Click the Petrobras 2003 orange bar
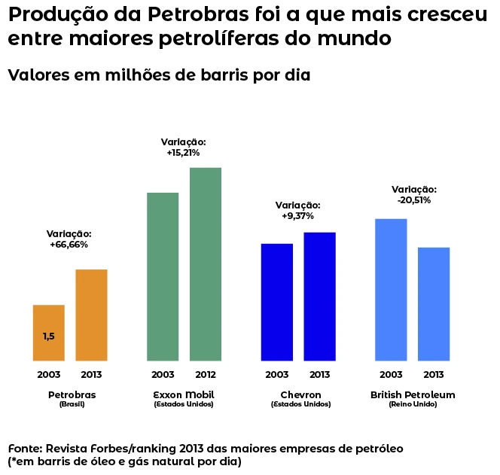pos(48,333)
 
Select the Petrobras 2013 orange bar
pos(91,315)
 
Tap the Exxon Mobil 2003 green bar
pos(163,276)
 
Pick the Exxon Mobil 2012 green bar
pos(206,263)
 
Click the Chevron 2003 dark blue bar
pos(276,302)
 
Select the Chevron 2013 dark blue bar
pos(319,296)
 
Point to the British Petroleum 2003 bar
pos(391,289)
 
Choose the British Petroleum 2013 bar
pos(434,303)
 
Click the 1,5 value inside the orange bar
pos(48,336)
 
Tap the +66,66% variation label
pos(69,245)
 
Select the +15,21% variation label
pos(183,153)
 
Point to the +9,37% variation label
pos(297,216)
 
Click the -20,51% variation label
pos(413,200)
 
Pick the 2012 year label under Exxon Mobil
pos(206,374)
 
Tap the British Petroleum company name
pos(413,394)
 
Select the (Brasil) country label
pos(72,404)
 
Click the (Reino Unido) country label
pos(413,404)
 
